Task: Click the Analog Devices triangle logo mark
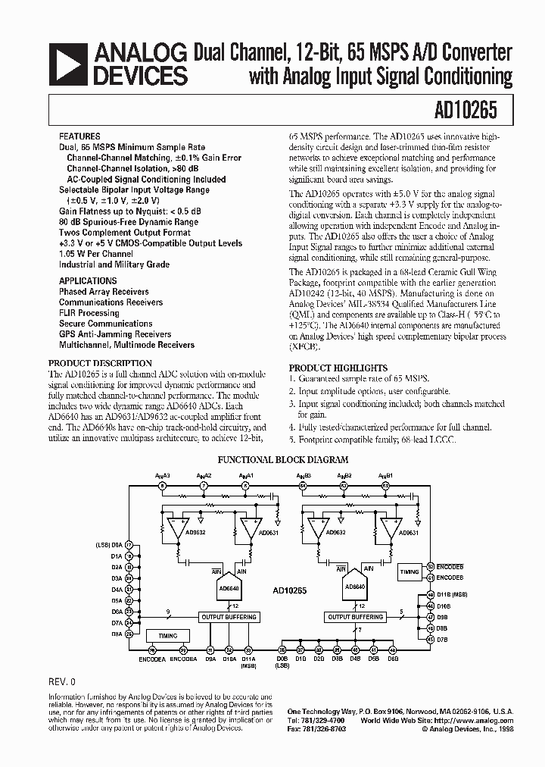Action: click(68, 64)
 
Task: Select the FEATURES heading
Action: click(79, 137)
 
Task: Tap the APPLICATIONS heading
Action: click(88, 280)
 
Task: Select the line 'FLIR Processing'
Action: click(89, 312)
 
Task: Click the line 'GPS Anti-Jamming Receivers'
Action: click(115, 333)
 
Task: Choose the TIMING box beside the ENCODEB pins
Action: click(410, 572)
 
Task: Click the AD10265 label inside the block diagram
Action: click(289, 587)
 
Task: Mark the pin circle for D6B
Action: click(392, 650)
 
